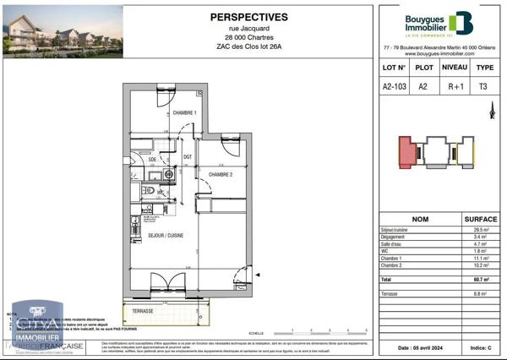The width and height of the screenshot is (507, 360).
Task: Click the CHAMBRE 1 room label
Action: pyautogui.click(x=185, y=113)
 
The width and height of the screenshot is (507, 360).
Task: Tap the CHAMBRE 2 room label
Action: pyautogui.click(x=221, y=174)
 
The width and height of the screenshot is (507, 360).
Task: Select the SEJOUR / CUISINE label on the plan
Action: pyautogui.click(x=166, y=235)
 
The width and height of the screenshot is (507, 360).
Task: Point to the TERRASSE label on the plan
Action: pyautogui.click(x=143, y=311)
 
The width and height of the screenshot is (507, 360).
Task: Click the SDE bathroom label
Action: pyautogui.click(x=153, y=159)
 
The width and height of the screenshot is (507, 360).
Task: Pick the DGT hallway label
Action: pyautogui.click(x=188, y=157)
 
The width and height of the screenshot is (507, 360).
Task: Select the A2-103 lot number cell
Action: pyautogui.click(x=395, y=86)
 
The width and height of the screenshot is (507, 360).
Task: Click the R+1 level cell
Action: pyautogui.click(x=455, y=86)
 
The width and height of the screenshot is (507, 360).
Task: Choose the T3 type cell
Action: pyautogui.click(x=484, y=86)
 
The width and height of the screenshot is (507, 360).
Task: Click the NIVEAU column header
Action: pyautogui.click(x=455, y=67)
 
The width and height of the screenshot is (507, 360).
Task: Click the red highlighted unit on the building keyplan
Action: pyautogui.click(x=409, y=153)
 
